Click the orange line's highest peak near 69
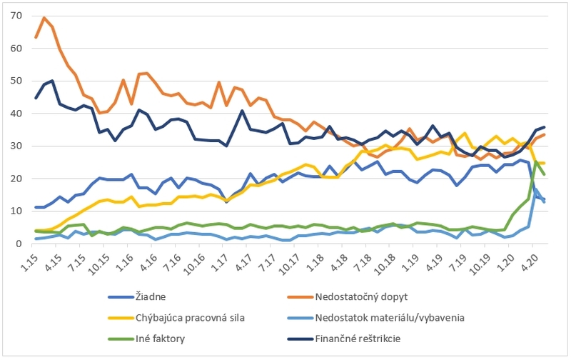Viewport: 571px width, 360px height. click(x=44, y=18)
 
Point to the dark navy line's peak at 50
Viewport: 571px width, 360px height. click(x=52, y=81)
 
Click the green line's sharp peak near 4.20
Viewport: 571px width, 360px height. click(x=536, y=161)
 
